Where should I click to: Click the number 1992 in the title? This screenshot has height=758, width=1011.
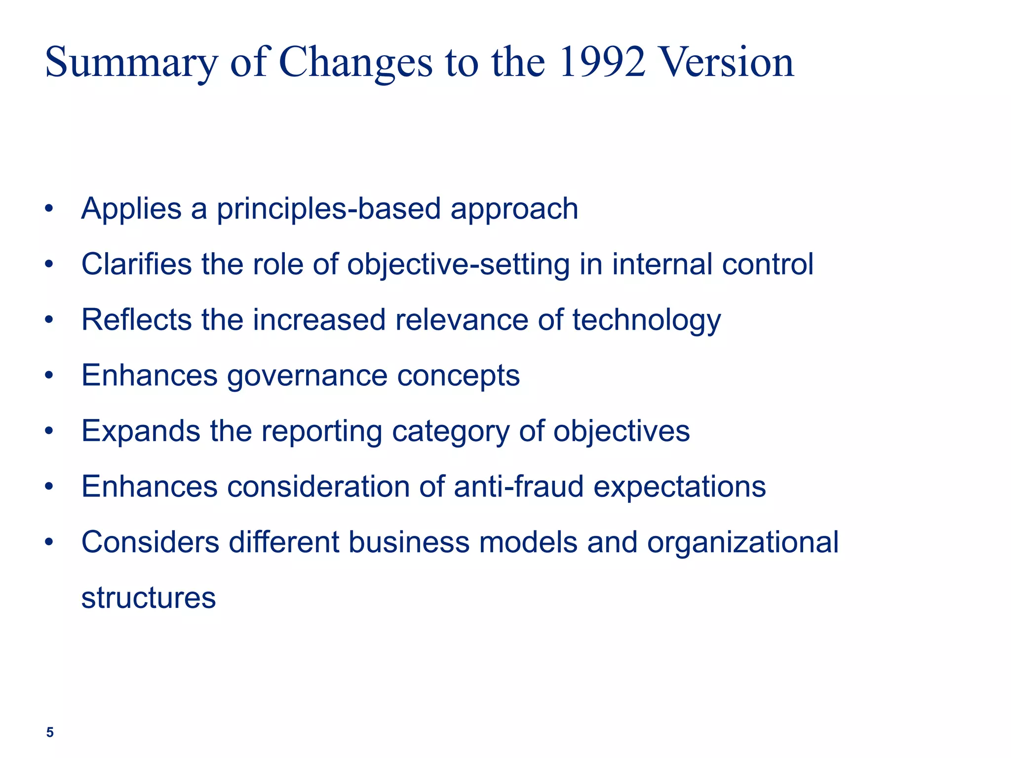602,63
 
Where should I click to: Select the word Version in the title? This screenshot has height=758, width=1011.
727,63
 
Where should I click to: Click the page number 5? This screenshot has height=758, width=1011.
50,732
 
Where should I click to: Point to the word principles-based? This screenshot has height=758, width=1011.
328,209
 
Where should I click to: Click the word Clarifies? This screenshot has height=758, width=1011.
136,264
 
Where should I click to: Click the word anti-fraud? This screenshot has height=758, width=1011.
518,487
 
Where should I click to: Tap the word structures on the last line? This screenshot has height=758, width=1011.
148,598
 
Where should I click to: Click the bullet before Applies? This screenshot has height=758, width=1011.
48,209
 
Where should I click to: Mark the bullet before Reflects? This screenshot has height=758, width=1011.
48,320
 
